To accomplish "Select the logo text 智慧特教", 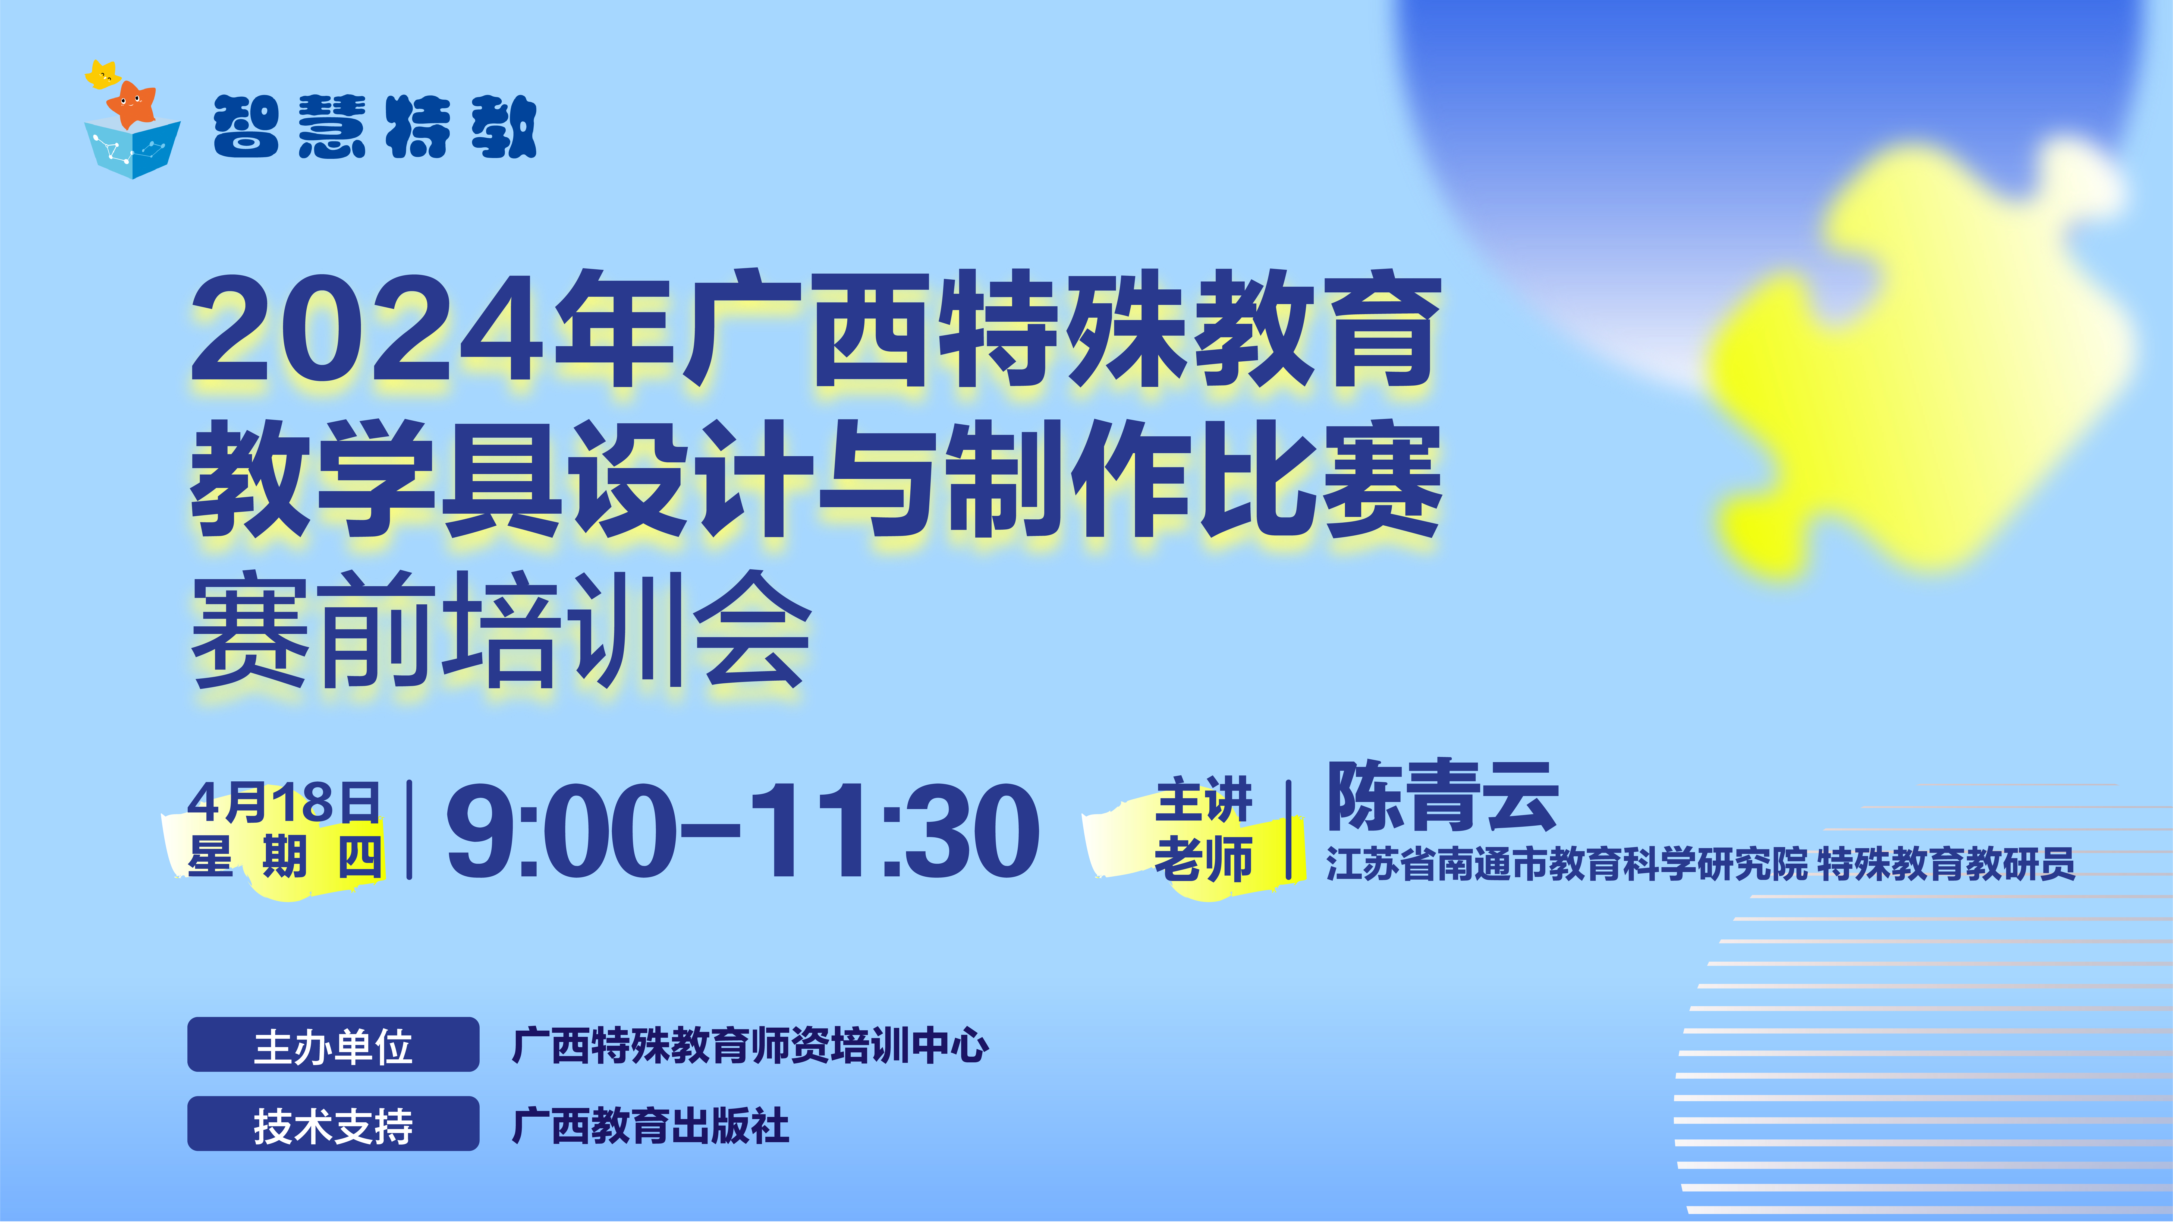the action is (375, 127).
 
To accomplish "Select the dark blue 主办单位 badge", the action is (333, 1045).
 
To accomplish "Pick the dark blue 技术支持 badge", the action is (333, 1124).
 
